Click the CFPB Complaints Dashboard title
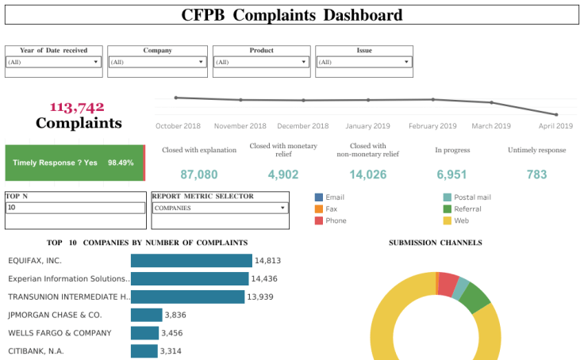click(291, 15)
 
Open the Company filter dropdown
click(156, 62)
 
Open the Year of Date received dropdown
click(53, 62)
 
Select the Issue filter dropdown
click(364, 62)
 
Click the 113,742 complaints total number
click(77, 107)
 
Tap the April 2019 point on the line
click(556, 114)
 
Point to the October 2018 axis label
click(179, 126)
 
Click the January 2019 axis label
click(368, 126)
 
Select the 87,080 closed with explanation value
click(199, 174)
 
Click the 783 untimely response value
click(536, 174)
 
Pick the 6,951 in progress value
click(451, 174)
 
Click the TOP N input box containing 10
click(75, 208)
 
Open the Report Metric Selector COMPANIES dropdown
click(220, 208)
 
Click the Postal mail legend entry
click(471, 197)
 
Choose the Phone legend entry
click(335, 220)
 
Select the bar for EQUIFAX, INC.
click(191, 260)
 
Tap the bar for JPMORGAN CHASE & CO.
click(146, 315)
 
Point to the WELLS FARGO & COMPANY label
click(60, 333)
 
